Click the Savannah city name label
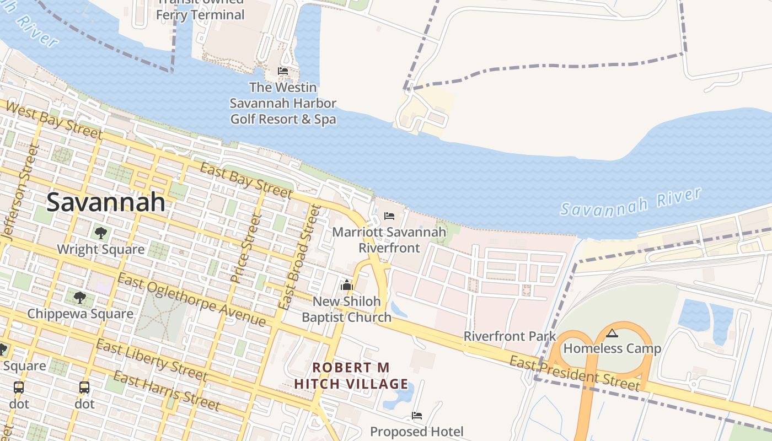(105, 202)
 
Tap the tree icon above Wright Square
(100, 233)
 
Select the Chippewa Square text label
(80, 314)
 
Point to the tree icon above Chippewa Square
(80, 298)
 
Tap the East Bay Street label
(246, 180)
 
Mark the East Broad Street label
(299, 256)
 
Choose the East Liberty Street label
(151, 361)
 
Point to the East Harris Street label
(167, 391)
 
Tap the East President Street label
(574, 373)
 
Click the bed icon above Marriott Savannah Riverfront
(389, 216)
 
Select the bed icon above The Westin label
(283, 71)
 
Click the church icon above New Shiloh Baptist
(346, 285)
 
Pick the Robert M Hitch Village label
(351, 375)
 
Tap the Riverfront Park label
(510, 336)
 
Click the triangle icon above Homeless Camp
(612, 333)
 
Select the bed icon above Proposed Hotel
(417, 416)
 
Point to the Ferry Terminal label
(200, 14)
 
